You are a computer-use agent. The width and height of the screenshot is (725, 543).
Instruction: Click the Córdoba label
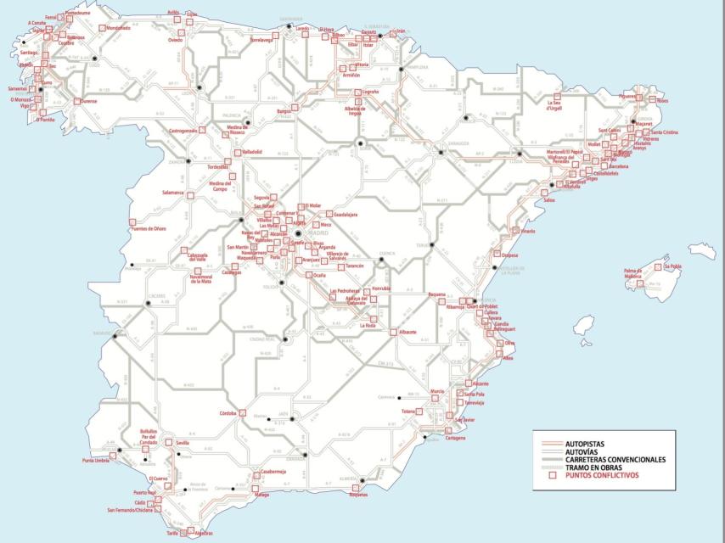pyautogui.click(x=228, y=413)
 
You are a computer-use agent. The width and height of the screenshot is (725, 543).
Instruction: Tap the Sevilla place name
pyautogui.click(x=182, y=443)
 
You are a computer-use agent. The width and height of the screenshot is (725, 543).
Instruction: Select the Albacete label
pyautogui.click(x=407, y=332)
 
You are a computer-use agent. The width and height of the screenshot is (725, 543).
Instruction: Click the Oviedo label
pyautogui.click(x=176, y=40)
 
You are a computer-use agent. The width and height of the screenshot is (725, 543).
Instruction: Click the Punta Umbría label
pyautogui.click(x=98, y=460)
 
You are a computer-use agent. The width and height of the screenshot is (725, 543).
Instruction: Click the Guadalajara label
pyautogui.click(x=345, y=215)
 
